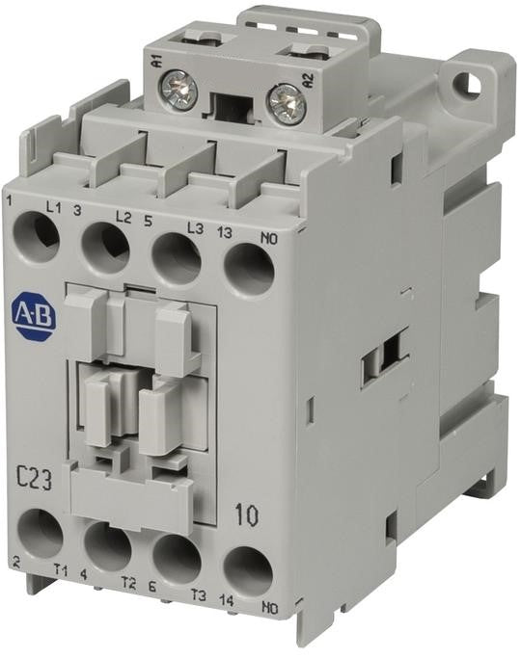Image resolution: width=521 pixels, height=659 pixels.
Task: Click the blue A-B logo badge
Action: (x=34, y=315)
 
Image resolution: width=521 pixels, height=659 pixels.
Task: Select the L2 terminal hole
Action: (x=105, y=249)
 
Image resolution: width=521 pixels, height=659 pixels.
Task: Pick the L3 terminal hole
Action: (x=176, y=258)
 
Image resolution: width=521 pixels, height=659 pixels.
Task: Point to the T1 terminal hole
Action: (x=40, y=532)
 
